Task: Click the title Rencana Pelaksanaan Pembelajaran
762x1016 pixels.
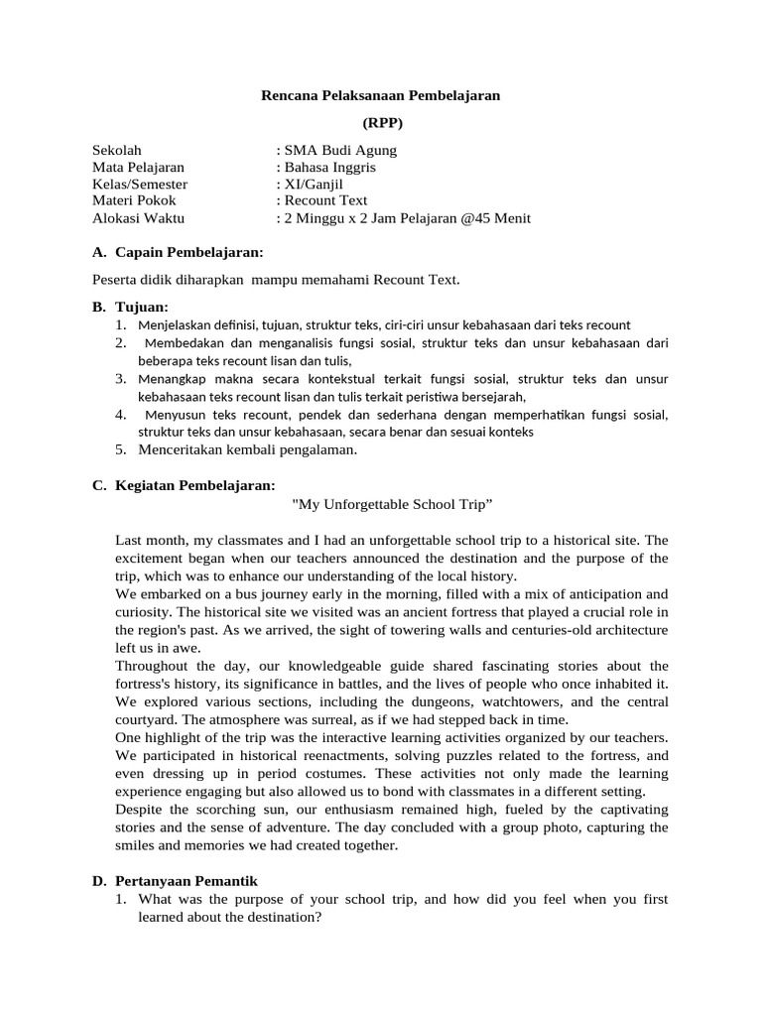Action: click(381, 95)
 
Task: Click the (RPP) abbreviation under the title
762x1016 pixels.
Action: click(381, 123)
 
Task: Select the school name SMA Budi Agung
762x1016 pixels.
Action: click(340, 151)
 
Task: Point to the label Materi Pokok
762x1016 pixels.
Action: click(134, 201)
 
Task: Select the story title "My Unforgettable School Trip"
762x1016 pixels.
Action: click(393, 505)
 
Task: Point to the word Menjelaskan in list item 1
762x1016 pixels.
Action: click(174, 324)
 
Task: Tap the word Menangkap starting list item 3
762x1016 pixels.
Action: click(172, 379)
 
